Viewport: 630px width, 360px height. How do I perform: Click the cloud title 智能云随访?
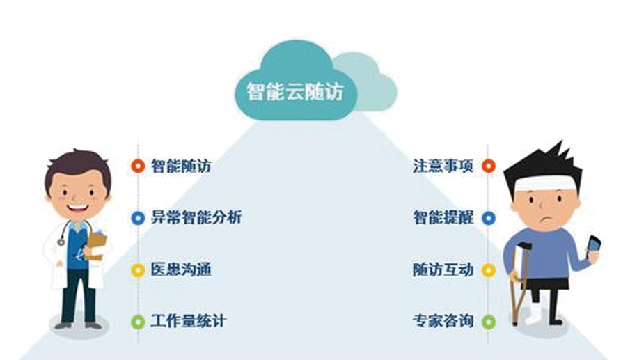tap(295, 91)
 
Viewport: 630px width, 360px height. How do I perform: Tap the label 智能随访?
tap(180, 166)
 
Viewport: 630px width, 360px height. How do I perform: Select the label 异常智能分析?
tap(196, 217)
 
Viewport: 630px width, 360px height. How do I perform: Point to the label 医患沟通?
tap(180, 269)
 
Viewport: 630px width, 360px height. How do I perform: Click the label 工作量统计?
tap(188, 321)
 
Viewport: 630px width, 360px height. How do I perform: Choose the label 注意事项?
tap(443, 166)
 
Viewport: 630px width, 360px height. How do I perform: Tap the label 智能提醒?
tap(443, 217)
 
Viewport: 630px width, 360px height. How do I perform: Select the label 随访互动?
tap(443, 269)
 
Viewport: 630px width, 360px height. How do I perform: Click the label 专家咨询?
tap(443, 321)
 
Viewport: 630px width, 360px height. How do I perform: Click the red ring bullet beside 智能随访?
tap(137, 166)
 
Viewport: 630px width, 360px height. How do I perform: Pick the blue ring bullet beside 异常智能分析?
tap(137, 218)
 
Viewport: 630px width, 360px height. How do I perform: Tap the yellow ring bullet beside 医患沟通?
tap(137, 269)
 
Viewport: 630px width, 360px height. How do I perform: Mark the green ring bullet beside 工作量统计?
tap(137, 321)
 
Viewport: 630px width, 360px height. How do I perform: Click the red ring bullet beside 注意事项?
tap(488, 166)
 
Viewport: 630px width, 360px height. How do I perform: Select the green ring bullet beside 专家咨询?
tap(488, 321)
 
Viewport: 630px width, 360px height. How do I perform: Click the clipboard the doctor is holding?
tap(97, 245)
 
